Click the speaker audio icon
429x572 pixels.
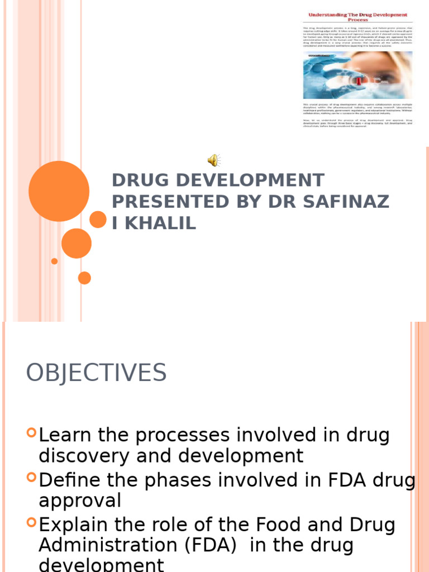[x=214, y=161]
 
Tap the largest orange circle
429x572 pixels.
[x=59, y=191]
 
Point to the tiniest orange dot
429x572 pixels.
[x=54, y=261]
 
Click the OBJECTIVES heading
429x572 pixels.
[x=96, y=373]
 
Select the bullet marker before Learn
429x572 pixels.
[x=31, y=432]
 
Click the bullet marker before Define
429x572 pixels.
[x=31, y=478]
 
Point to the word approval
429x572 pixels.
[x=80, y=501]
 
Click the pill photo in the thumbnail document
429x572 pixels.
[x=357, y=75]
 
